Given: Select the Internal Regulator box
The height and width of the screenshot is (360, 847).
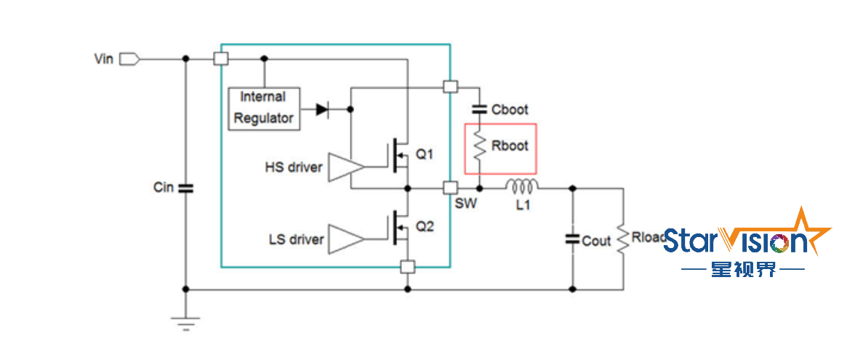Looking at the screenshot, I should pos(263,108).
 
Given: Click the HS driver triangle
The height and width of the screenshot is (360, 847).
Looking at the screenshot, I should pos(345,167).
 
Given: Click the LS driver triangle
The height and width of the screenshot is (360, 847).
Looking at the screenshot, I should pos(345,239).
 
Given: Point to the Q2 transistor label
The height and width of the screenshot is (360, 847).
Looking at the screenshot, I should pos(425,227).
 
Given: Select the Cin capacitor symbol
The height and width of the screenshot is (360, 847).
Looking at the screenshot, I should pos(185,188).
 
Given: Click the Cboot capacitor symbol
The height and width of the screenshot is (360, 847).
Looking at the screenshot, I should pos(480,110).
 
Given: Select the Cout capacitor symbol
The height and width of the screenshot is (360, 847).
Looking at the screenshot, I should pos(573,239).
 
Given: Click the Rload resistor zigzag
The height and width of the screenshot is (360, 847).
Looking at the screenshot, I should pos(623,239).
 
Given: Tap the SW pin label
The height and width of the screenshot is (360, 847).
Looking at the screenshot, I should pos(466,204).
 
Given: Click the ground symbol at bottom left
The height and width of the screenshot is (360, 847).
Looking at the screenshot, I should pos(185,322).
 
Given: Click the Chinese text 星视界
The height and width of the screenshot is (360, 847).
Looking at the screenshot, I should pos(743,269).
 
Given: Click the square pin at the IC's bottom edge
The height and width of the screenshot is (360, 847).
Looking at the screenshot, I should pos(407,267).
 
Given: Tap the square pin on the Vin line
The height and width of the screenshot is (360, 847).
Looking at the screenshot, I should pos(221,58).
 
